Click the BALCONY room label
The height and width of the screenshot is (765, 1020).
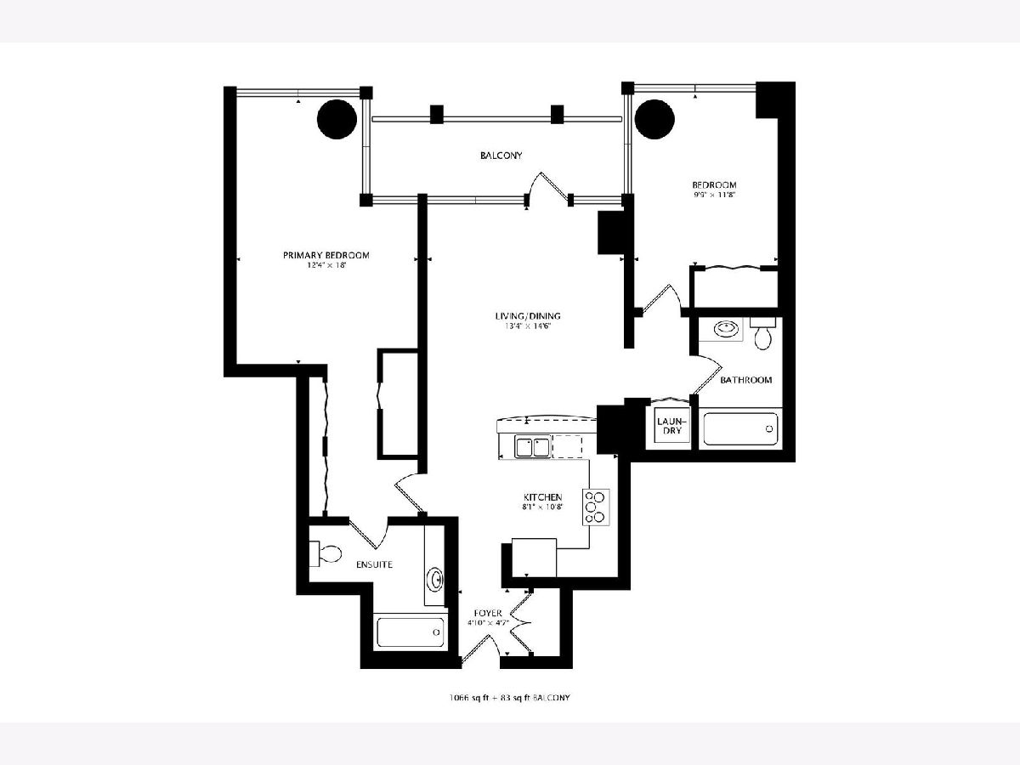pos(501,156)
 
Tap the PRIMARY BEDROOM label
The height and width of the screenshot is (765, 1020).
pos(326,255)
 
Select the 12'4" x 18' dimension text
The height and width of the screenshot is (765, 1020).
pos(326,266)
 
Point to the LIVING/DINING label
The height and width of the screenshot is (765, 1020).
pos(528,316)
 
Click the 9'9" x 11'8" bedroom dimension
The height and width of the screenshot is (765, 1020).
pos(714,195)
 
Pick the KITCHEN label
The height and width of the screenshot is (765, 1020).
pos(543,497)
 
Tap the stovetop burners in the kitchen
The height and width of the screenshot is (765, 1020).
pos(596,507)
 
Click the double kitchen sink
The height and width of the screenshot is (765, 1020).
pos(533,447)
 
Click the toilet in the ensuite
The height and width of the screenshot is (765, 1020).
pos(326,553)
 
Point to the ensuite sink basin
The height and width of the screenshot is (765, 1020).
pos(436,579)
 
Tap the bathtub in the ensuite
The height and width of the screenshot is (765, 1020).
pos(411,632)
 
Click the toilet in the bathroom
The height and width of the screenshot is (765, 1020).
pos(762,333)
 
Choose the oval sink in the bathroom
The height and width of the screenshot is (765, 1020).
pos(726,329)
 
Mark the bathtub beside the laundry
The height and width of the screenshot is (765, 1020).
pos(740,428)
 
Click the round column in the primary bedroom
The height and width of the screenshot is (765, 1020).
pos(337,119)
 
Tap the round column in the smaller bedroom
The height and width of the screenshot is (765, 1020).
pos(654,118)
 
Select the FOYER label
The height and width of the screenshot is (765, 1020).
pos(488,613)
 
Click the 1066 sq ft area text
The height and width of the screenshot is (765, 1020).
pos(468,698)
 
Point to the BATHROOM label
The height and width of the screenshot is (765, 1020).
pos(745,380)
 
